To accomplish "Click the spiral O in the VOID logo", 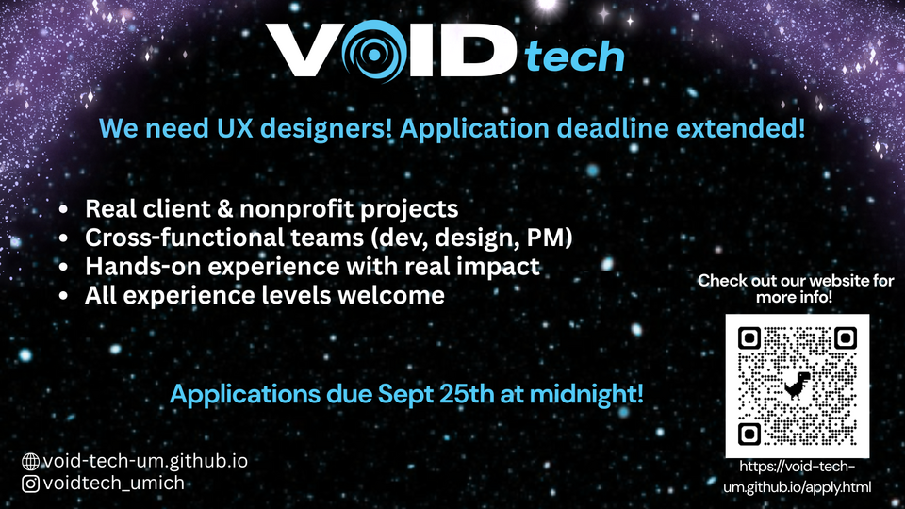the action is click(x=373, y=51).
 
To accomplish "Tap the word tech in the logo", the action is click(x=574, y=57).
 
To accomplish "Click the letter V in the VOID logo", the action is click(x=304, y=50).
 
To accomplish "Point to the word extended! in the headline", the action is click(x=740, y=127).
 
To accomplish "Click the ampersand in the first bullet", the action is click(x=224, y=209).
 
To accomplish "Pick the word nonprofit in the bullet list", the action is click(x=296, y=210).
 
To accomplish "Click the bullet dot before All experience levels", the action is click(x=63, y=296).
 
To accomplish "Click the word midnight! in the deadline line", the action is click(x=586, y=395).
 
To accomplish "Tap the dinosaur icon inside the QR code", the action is click(x=798, y=385).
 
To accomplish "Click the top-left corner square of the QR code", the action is click(x=749, y=338).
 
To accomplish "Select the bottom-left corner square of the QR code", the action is click(x=749, y=434).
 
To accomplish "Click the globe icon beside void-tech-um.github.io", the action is click(x=30, y=462).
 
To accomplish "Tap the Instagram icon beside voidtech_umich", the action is click(x=30, y=484).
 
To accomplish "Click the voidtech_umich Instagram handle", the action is click(x=114, y=483).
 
